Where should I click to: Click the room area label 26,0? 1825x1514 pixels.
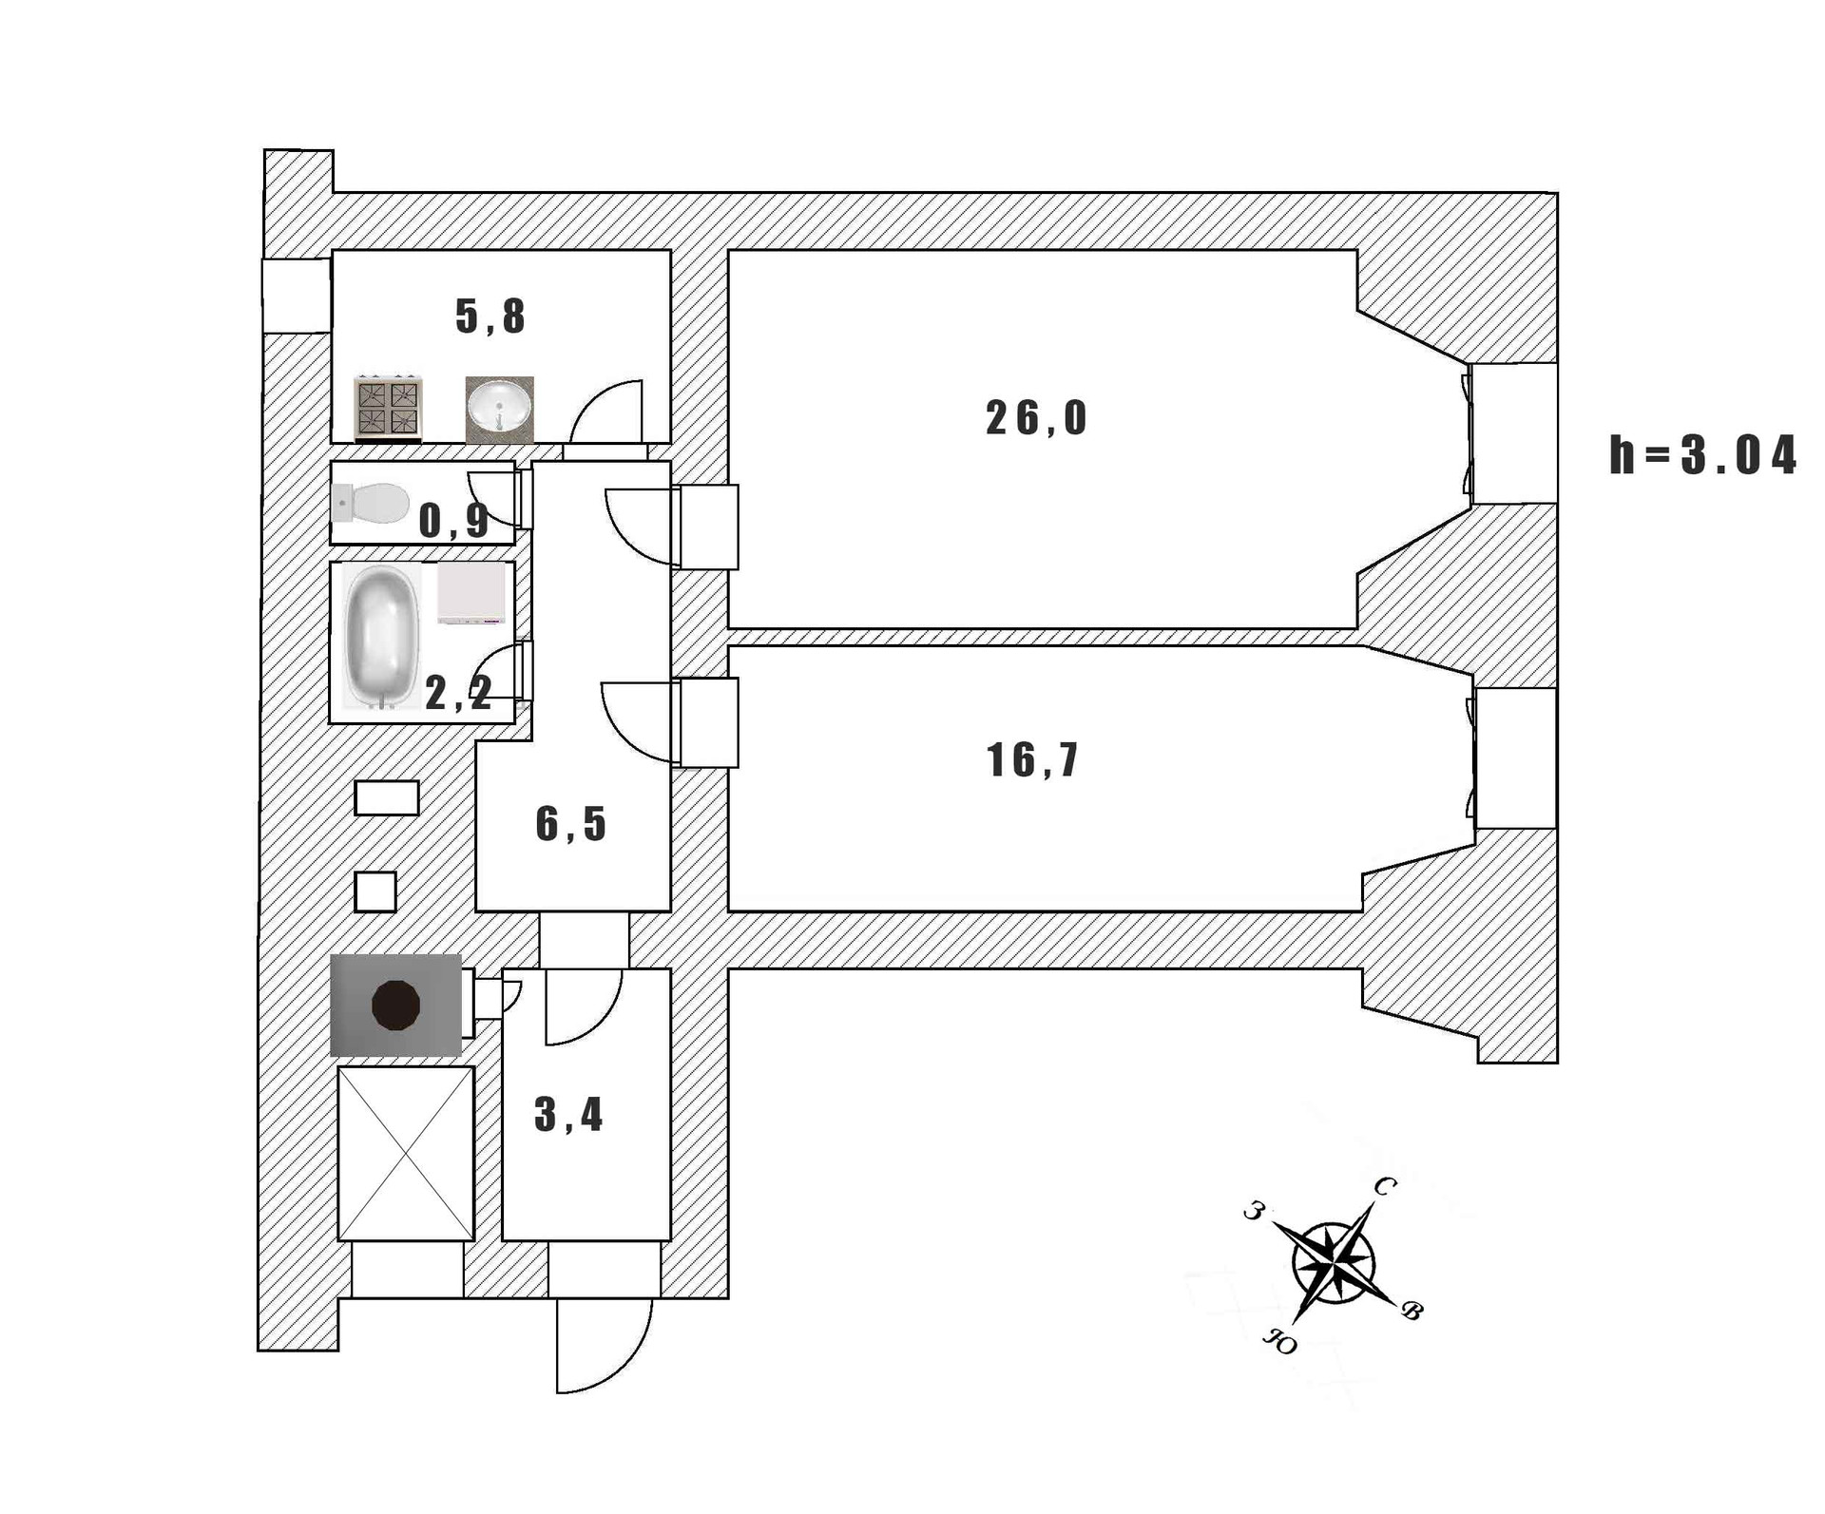coord(1035,418)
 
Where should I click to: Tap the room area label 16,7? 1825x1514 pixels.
coord(1032,760)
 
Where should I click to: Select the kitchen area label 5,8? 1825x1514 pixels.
coord(490,316)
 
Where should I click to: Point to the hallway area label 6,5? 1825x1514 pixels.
coord(570,823)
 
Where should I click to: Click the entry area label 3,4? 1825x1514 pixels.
coord(568,1114)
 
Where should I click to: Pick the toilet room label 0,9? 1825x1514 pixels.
coord(453,521)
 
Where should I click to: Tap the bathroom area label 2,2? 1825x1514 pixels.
coord(458,693)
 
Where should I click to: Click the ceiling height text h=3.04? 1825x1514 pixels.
coord(1702,455)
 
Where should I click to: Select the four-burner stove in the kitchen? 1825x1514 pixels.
coord(388,410)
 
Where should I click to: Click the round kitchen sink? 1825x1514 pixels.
coord(499,407)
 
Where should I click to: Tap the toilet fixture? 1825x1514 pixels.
coord(372,503)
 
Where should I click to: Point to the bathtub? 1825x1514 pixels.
coord(380,636)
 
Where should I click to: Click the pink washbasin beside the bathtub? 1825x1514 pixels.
coord(471,594)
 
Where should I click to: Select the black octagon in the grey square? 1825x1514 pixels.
coord(395,1005)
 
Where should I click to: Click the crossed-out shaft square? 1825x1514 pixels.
coord(406,1153)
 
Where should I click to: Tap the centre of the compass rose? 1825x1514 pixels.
coord(1333,1263)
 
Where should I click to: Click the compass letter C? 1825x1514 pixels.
coord(1385,1186)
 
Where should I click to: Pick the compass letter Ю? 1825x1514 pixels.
coord(1279,1342)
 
